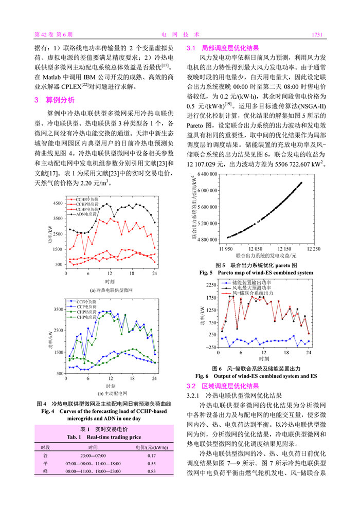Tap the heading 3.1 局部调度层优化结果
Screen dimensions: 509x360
pos(222,47)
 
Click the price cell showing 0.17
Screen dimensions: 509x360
pos(152,456)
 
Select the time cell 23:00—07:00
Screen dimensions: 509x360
pos(93,456)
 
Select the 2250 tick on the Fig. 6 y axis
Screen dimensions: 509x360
pos(211,285)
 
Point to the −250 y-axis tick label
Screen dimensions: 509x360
pos(211,348)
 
